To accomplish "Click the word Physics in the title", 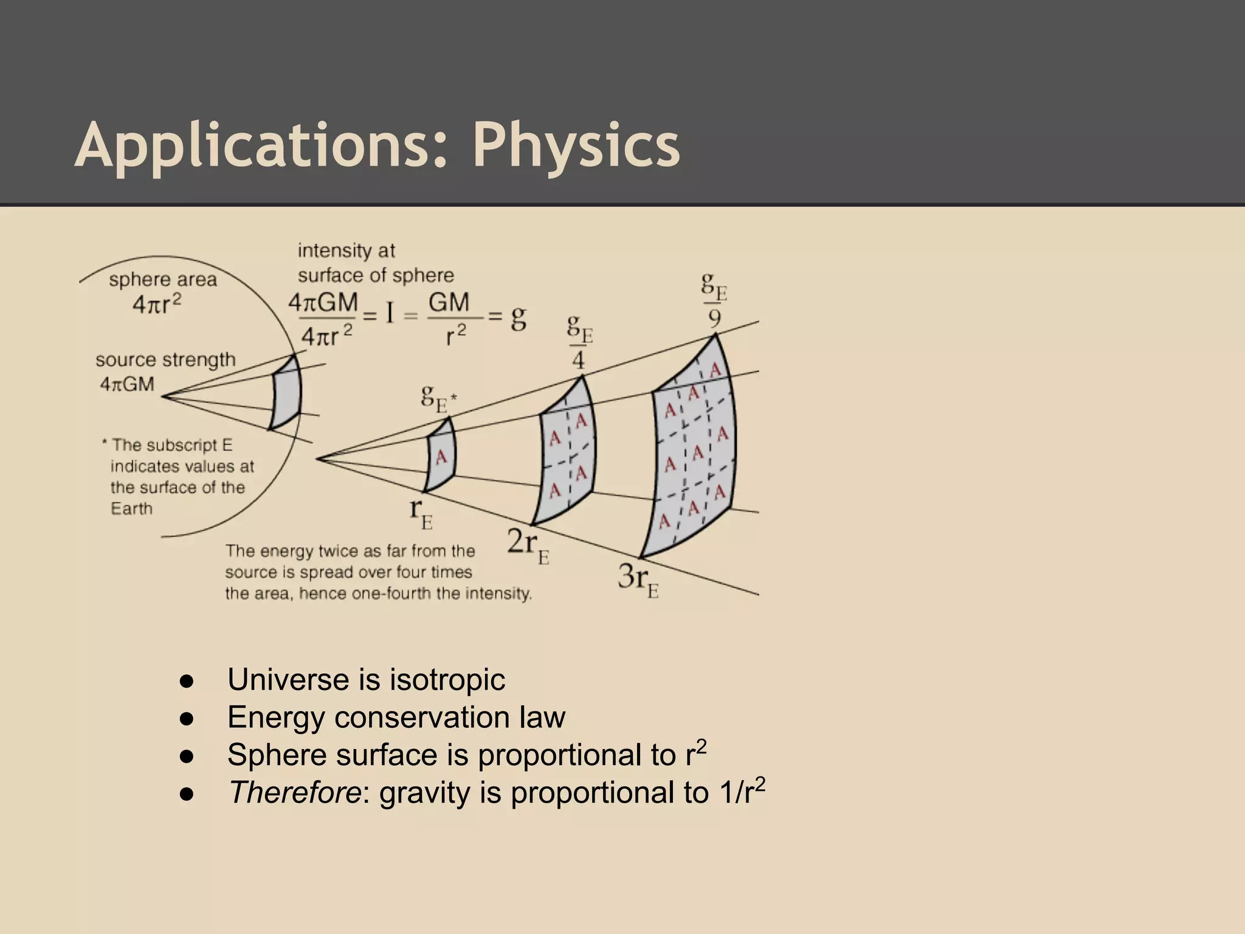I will [x=576, y=146].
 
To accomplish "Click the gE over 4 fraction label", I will [x=579, y=342].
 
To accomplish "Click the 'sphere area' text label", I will [x=163, y=280].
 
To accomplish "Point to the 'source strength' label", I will [x=165, y=360].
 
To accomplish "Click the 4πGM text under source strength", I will [x=127, y=384].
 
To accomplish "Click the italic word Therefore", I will [x=294, y=792].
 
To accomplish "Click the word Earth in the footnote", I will [x=131, y=508].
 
